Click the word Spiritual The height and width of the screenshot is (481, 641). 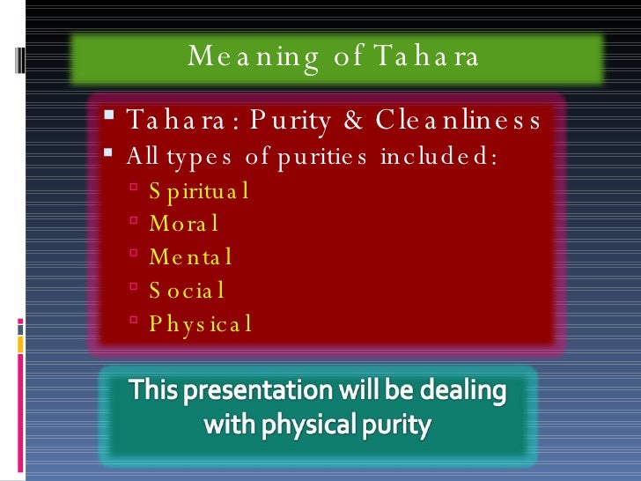(199, 189)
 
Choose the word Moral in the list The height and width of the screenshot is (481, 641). (183, 223)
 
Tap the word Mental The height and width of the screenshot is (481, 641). (190, 256)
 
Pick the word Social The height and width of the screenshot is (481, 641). (187, 290)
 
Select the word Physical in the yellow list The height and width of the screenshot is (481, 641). (201, 323)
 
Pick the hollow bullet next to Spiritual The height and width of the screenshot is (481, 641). (133, 188)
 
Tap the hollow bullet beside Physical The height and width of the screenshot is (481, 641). (133, 322)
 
